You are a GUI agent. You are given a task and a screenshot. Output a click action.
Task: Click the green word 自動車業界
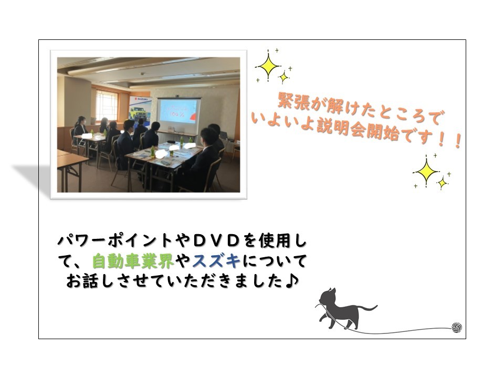click(133, 261)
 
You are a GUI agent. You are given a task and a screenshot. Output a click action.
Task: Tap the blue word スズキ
click(216, 261)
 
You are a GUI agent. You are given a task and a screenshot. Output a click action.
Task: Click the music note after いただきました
click(292, 281)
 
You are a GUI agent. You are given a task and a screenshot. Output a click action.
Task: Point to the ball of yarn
click(457, 328)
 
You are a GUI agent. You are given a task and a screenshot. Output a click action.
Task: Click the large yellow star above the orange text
click(269, 67)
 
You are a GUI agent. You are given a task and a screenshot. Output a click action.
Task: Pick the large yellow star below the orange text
click(426, 171)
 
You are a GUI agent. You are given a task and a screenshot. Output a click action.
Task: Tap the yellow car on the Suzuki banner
click(137, 113)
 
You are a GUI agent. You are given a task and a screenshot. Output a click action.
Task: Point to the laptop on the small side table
click(225, 135)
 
